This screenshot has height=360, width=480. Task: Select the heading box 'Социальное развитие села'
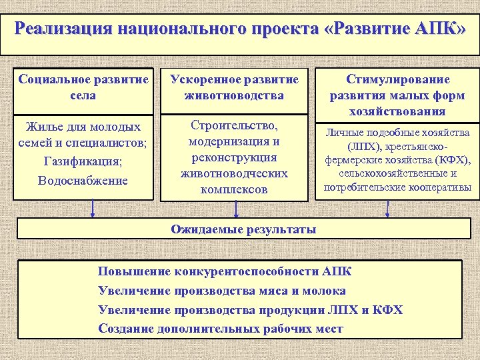coord(83,87)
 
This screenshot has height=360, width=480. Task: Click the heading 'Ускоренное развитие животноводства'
coord(234,87)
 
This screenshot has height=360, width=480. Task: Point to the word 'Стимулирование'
coord(397,80)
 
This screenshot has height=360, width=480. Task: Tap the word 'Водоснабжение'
coord(83,180)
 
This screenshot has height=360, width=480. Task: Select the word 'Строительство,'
coord(234,126)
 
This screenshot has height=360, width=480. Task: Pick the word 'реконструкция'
coord(234,158)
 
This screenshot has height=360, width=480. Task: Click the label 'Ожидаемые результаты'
coord(243,229)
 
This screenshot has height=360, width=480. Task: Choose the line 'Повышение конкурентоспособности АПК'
coord(225,272)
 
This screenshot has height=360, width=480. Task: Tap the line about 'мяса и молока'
coord(221,291)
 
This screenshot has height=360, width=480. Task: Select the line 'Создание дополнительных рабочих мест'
coord(220,329)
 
